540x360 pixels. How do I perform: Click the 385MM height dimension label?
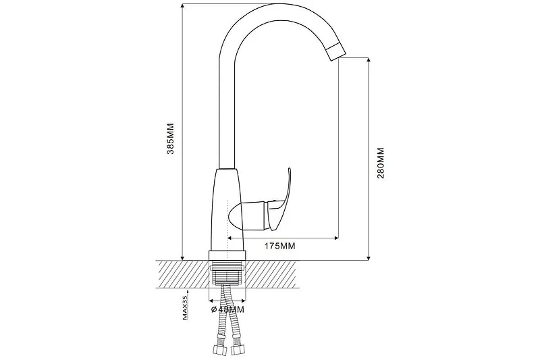[171, 138]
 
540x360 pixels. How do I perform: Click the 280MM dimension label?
[381, 163]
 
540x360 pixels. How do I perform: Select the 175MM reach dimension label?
[280, 246]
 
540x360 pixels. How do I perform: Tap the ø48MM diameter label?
[227, 309]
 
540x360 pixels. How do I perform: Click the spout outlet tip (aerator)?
[335, 53]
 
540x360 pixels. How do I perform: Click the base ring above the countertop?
[227, 255]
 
